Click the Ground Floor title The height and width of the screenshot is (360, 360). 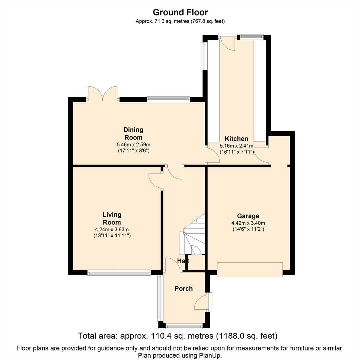coord(180,12)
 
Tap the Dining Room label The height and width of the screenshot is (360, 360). coord(133,134)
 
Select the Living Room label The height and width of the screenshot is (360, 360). coord(112,219)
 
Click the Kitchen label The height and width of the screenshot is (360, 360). coord(236,139)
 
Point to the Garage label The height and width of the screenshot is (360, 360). coord(248,216)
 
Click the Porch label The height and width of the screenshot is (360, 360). coord(183,289)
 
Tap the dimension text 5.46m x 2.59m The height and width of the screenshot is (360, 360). coord(133,145)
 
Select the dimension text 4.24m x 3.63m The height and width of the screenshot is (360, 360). coord(112,229)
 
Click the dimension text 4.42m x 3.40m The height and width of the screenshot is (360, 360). coord(248,223)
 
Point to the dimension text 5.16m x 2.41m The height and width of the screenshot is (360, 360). coord(236,146)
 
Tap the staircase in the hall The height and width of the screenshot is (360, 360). coord(192,234)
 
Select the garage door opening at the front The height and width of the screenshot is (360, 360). coord(250,270)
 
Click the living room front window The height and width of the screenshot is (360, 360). coord(119,273)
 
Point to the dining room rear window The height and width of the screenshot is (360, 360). coord(169,99)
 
